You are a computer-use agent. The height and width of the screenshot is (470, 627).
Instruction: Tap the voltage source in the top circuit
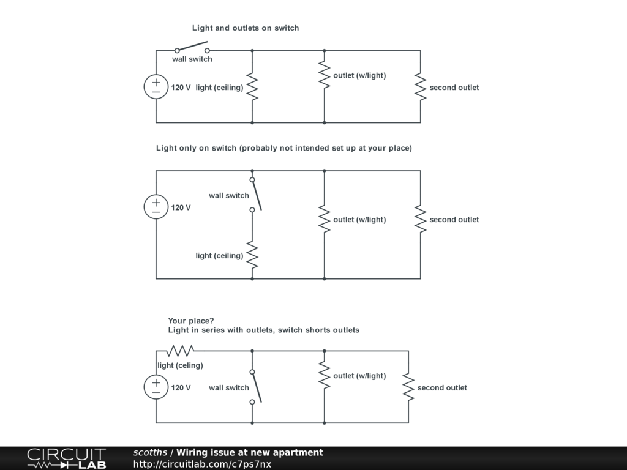[x=156, y=87]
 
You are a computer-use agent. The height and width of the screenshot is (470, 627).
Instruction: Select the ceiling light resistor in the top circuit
[x=252, y=87]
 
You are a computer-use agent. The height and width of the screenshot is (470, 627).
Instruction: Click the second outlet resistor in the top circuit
[x=420, y=87]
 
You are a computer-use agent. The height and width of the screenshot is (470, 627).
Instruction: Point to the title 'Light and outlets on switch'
[x=246, y=28]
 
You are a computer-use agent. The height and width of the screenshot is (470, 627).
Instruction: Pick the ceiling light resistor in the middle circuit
[x=252, y=255]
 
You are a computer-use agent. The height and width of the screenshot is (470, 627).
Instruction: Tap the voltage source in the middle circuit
[x=156, y=207]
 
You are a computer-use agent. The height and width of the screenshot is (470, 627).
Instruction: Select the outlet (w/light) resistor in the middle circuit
[x=324, y=219]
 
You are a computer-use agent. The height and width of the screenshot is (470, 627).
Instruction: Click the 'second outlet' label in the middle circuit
[x=454, y=220]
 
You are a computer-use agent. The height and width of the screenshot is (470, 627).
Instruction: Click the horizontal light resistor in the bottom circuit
[x=181, y=351]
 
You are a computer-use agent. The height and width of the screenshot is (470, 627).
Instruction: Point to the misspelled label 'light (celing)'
[x=181, y=365]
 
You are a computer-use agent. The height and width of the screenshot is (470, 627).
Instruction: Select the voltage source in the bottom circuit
[x=156, y=387]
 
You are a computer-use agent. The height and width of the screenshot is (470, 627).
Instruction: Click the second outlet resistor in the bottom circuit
[x=408, y=387]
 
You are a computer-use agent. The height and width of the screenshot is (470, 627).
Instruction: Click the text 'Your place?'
[x=191, y=321]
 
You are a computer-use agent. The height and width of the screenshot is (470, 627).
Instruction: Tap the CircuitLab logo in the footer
[x=66, y=458]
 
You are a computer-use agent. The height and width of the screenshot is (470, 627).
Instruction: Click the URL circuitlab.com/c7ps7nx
[x=202, y=464]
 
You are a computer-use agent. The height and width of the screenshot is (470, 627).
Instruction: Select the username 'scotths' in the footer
[x=150, y=452]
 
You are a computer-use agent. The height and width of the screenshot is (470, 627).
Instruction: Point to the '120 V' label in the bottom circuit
[x=181, y=387]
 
